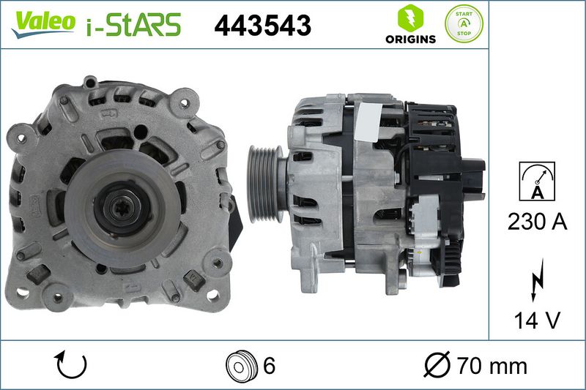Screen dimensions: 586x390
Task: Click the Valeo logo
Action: [x=43, y=24]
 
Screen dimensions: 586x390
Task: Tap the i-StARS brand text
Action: [x=134, y=25]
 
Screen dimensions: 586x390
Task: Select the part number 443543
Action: [x=263, y=26]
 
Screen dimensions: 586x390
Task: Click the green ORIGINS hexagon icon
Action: [x=410, y=18]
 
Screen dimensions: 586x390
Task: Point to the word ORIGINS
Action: [x=411, y=39]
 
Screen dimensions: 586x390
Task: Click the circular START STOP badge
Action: [x=464, y=23]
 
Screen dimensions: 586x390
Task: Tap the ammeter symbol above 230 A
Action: [x=537, y=181]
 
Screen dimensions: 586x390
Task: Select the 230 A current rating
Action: [x=537, y=221]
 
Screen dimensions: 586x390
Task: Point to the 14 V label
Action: [x=537, y=320]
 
